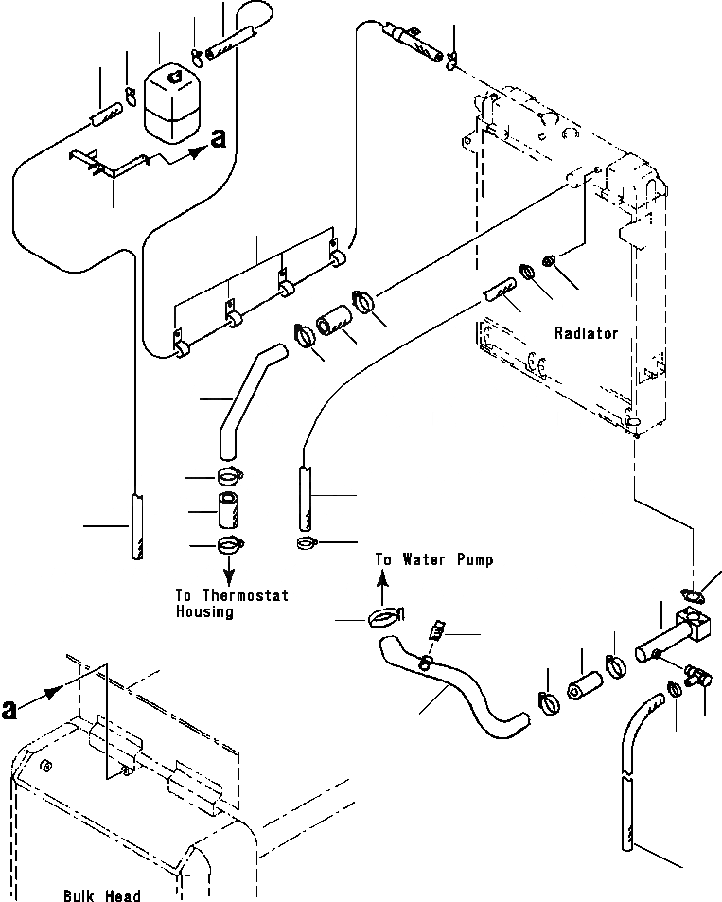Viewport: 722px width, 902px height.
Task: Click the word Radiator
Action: tap(587, 333)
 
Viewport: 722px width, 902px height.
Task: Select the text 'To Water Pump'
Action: tap(434, 560)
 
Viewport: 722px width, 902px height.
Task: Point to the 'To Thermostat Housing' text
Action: tap(231, 604)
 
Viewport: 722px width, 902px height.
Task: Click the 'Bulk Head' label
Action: tap(103, 895)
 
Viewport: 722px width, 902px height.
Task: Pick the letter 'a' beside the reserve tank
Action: tap(218, 138)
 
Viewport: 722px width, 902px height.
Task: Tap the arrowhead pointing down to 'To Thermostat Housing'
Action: tap(229, 576)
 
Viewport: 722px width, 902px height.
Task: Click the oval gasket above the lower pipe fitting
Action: tap(694, 595)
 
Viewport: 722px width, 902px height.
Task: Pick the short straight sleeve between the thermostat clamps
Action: tap(228, 511)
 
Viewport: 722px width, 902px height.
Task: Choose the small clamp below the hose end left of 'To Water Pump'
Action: tap(307, 542)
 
